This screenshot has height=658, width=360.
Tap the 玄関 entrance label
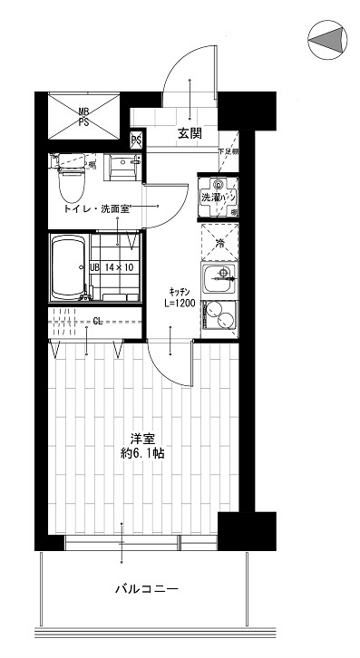click(x=190, y=134)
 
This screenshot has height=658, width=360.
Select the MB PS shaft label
click(x=83, y=116)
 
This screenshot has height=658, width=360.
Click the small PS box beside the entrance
click(x=137, y=140)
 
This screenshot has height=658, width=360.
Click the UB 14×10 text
click(x=112, y=267)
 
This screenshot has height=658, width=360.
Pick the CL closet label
click(x=97, y=320)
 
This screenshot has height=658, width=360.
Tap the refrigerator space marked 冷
click(x=219, y=243)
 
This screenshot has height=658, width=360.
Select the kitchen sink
click(x=219, y=279)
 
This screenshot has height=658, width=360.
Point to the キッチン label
click(x=177, y=291)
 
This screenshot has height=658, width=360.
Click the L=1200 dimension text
click(x=180, y=304)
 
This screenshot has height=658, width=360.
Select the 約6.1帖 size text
click(x=144, y=453)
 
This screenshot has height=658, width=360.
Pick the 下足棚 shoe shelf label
click(x=228, y=151)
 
